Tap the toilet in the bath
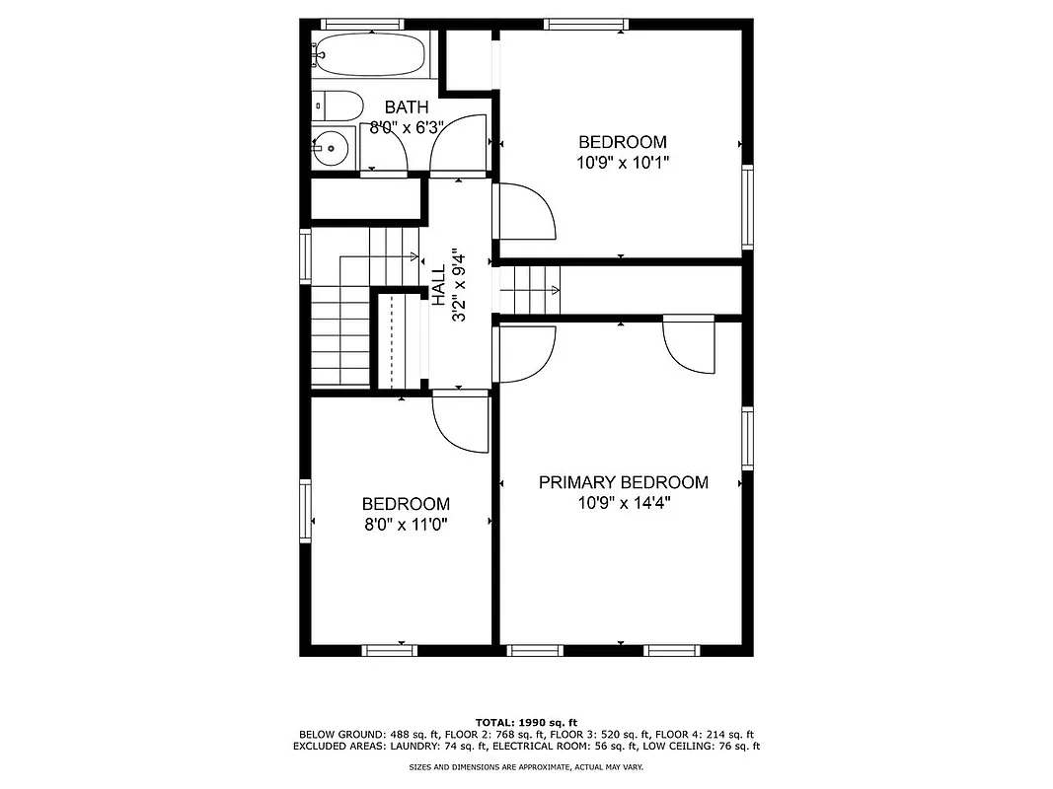(x=331, y=105)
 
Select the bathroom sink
(x=332, y=149)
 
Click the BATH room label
(x=407, y=108)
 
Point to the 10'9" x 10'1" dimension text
(x=622, y=162)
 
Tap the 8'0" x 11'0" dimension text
(x=405, y=525)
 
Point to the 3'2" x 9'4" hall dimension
(x=458, y=286)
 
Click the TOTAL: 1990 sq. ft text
(x=526, y=722)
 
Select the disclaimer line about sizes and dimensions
(x=526, y=766)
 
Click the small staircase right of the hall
(x=530, y=289)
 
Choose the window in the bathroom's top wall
(x=362, y=24)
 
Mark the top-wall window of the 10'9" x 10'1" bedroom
(x=585, y=24)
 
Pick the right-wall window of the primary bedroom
(x=747, y=439)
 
